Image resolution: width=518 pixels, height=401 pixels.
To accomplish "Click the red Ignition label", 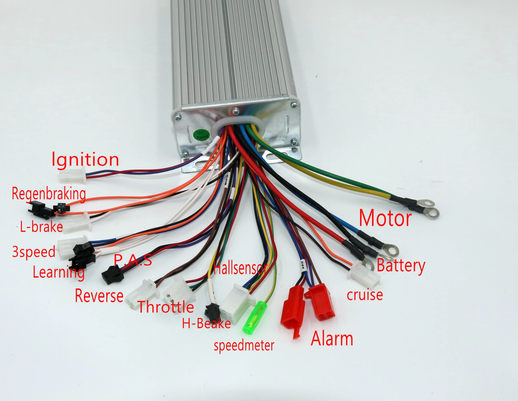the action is (x=85, y=160).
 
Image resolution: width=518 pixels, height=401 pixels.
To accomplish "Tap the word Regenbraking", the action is (x=49, y=194).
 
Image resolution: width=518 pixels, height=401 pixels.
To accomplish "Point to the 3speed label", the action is (x=34, y=252).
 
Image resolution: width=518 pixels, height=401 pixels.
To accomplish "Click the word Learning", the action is (x=59, y=273).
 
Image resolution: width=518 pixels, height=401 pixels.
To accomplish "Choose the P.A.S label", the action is (x=133, y=260).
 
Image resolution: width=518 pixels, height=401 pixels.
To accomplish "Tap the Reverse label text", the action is (x=99, y=295).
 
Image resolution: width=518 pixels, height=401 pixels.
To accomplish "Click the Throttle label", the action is (x=166, y=307).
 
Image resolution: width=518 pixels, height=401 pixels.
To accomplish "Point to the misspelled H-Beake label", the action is (x=206, y=324).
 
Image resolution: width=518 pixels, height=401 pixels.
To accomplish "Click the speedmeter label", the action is (x=244, y=345).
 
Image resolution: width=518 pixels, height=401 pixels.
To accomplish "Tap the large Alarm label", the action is (x=332, y=338).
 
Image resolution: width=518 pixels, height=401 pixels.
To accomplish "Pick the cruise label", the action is (x=365, y=295).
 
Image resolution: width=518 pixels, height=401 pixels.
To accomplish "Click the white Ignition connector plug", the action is (x=72, y=175).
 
